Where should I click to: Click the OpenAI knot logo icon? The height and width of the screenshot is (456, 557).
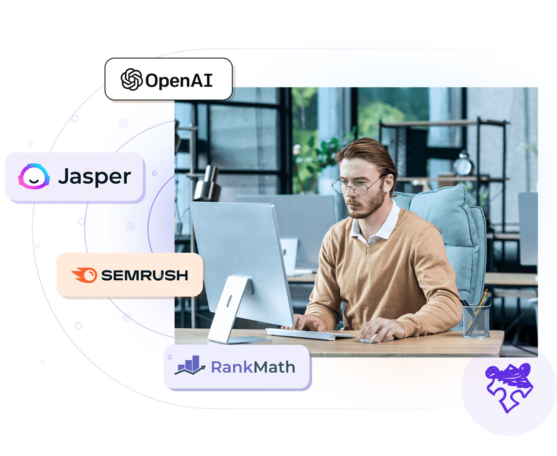point(131,79)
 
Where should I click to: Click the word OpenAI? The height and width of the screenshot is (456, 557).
point(179,80)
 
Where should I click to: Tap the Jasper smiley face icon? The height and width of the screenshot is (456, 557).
point(34,176)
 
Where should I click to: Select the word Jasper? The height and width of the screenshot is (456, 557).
point(94,177)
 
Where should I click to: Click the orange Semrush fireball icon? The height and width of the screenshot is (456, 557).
point(84,275)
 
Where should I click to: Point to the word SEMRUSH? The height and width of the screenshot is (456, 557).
point(144,275)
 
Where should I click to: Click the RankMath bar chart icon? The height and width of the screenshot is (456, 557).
point(190,365)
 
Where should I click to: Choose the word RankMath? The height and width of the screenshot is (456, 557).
point(253,367)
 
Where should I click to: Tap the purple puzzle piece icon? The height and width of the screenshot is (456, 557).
point(509,388)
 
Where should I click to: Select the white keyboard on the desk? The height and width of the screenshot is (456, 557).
point(311,334)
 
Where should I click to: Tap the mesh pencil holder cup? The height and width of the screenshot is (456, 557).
point(476,321)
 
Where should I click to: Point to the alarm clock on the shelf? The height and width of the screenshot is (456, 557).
point(463,164)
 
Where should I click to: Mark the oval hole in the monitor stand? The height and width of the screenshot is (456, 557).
point(229,301)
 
